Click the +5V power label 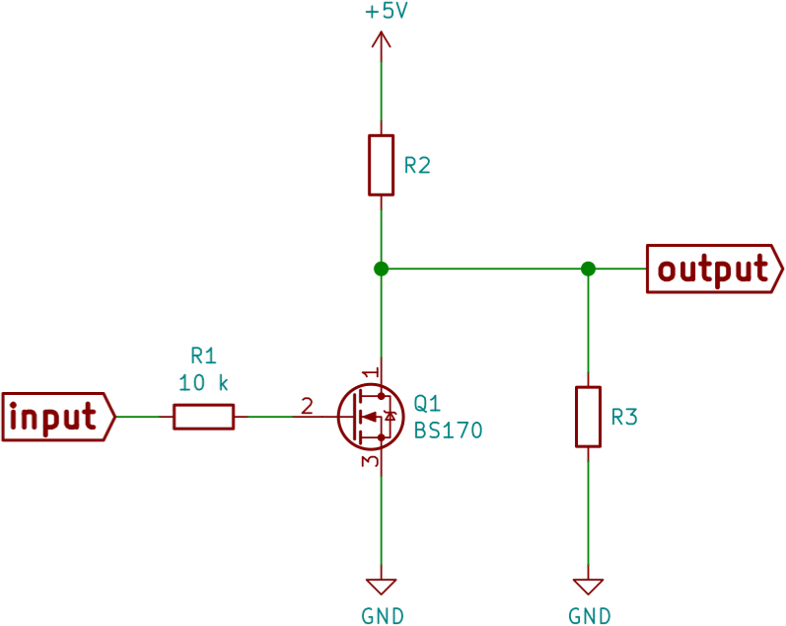pyautogui.click(x=386, y=13)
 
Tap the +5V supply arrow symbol pyautogui.click(x=381, y=40)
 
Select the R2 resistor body pyautogui.click(x=382, y=165)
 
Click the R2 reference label pyautogui.click(x=417, y=166)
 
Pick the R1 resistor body pyautogui.click(x=204, y=417)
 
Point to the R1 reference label pyautogui.click(x=203, y=355)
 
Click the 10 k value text pyautogui.click(x=205, y=382)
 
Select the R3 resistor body pyautogui.click(x=588, y=417)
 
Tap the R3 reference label pyautogui.click(x=624, y=418)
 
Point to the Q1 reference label pyautogui.click(x=427, y=403)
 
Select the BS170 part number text pyautogui.click(x=448, y=430)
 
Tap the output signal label pyautogui.click(x=713, y=269)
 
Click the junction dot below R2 pyautogui.click(x=382, y=269)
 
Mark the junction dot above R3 pyautogui.click(x=588, y=269)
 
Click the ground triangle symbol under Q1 pyautogui.click(x=382, y=584)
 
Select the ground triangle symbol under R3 pyautogui.click(x=589, y=585)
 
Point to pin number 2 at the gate pyautogui.click(x=307, y=405)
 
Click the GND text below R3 pyautogui.click(x=589, y=616)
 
